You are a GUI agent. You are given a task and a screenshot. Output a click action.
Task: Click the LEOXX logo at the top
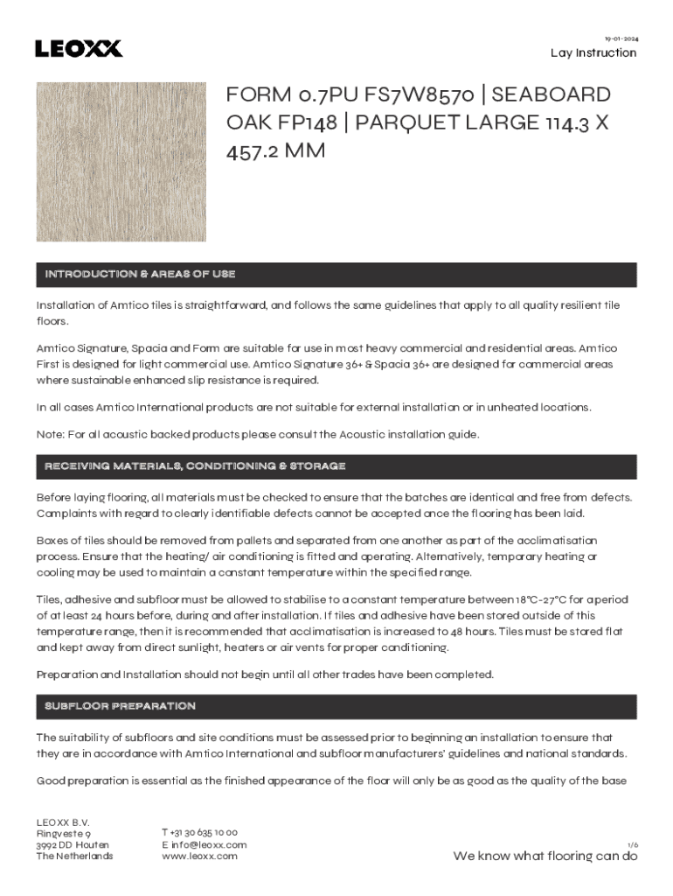point(79,49)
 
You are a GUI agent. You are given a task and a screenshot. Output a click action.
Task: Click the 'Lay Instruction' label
point(593,53)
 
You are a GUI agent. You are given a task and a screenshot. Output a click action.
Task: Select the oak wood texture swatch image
point(121,162)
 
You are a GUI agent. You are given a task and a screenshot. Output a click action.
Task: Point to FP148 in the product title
point(316,122)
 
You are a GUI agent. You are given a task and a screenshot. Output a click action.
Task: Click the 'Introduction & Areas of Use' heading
point(140,275)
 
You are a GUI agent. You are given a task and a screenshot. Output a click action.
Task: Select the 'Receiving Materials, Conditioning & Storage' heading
point(195,466)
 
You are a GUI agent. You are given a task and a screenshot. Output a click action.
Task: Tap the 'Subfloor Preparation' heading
point(120,705)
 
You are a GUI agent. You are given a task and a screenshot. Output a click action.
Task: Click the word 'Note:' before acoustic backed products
point(50,435)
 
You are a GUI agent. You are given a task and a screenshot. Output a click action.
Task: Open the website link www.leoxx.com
point(199,857)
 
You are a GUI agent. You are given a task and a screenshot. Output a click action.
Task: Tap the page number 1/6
point(633,844)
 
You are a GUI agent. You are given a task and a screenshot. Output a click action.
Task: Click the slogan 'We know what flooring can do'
point(545,857)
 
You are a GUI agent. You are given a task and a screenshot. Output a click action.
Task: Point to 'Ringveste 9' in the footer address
point(63,834)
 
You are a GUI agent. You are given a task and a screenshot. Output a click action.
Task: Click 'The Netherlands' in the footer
point(74,857)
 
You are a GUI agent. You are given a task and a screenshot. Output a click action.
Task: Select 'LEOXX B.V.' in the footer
point(62,822)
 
